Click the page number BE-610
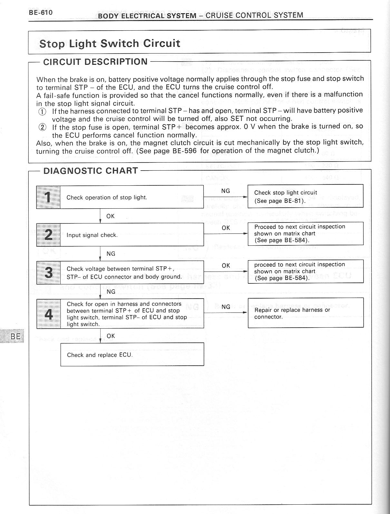(40, 13)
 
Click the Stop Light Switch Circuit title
(110, 44)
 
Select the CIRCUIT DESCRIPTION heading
(95, 62)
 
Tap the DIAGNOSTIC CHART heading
(91, 171)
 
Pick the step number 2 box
(48, 235)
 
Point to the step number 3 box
(48, 272)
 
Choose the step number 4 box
(48, 314)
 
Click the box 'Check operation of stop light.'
(132, 197)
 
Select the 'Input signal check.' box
(132, 235)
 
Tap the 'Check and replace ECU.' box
(132, 354)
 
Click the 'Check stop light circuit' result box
(305, 196)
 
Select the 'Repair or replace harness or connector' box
(305, 313)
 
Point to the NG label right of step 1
(226, 191)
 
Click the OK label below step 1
(111, 216)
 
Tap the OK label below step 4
(111, 336)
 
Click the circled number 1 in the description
(42, 112)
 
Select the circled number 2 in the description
(42, 127)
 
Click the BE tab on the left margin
(15, 337)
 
